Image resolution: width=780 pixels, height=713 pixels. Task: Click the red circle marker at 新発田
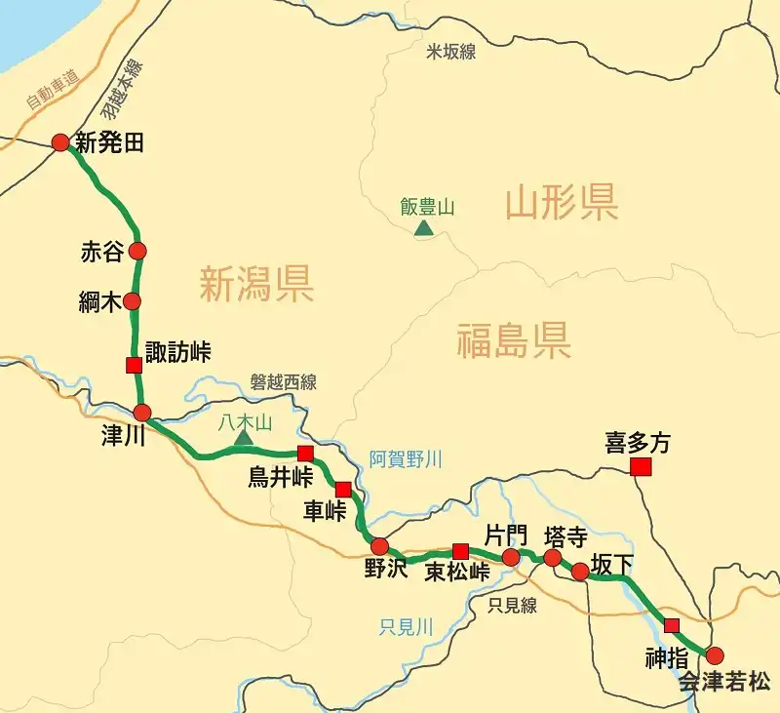tap(60, 142)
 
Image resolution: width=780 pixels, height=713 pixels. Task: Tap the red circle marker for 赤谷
tap(137, 252)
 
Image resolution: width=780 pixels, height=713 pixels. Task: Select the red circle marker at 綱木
tap(133, 300)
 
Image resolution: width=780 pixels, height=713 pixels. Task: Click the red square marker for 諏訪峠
tap(134, 365)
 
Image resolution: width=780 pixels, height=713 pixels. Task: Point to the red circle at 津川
tap(142, 412)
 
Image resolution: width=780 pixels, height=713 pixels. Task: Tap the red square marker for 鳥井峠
tap(305, 453)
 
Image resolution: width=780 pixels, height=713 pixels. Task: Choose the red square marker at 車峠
tap(342, 490)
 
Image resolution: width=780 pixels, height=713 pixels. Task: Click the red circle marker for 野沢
tap(380, 546)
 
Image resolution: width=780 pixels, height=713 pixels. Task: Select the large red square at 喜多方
tap(641, 467)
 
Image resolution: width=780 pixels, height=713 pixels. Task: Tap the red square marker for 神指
tap(671, 625)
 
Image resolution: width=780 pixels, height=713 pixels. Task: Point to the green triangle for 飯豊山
tap(424, 228)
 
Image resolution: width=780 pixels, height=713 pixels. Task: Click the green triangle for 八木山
tap(244, 437)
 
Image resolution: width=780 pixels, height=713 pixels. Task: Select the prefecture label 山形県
tap(562, 204)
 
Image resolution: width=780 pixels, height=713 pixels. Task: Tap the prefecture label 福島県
tap(513, 342)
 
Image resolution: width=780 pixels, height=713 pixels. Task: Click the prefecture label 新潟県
tap(256, 285)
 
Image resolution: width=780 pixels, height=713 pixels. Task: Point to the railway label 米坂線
tap(451, 52)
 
